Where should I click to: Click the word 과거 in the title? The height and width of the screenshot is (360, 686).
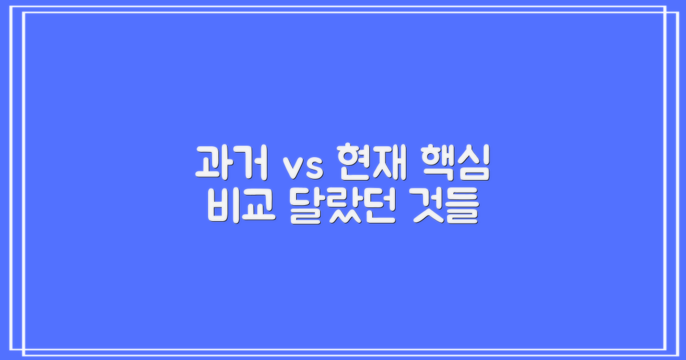pyautogui.click(x=230, y=162)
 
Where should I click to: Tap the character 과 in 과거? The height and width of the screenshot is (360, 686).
pyautogui.click(x=212, y=162)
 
